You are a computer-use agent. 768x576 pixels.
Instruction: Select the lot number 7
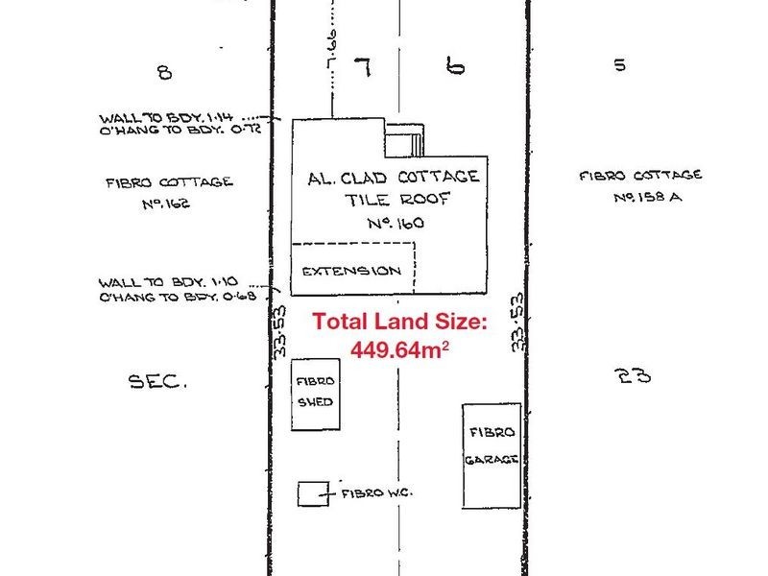tap(362, 67)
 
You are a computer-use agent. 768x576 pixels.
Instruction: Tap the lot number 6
tap(456, 66)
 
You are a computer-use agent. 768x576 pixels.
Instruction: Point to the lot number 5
tap(619, 65)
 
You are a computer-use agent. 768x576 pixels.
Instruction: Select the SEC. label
tap(157, 381)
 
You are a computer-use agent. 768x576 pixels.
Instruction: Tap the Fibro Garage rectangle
tap(492, 456)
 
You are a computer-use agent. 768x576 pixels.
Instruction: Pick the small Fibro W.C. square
tap(309, 493)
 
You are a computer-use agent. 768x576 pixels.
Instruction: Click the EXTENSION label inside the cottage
tap(351, 271)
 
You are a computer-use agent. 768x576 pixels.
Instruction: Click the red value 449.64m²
tap(400, 350)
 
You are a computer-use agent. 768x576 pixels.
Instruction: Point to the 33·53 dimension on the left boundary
tap(280, 331)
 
